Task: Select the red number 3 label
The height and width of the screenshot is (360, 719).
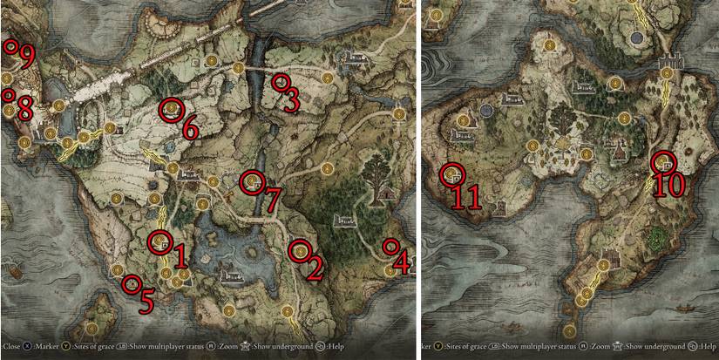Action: click(291, 102)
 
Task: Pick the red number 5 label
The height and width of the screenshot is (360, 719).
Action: click(146, 301)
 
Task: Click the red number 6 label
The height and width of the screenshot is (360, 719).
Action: click(189, 130)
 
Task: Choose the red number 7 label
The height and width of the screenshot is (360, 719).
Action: click(271, 201)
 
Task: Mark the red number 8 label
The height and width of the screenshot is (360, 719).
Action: click(24, 110)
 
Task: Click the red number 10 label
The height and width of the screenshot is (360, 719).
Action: click(672, 184)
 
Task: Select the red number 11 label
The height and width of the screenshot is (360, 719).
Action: click(464, 196)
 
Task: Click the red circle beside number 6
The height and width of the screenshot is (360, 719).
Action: click(171, 109)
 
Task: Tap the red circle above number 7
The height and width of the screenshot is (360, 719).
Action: click(253, 182)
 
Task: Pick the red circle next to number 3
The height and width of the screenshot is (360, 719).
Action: click(280, 82)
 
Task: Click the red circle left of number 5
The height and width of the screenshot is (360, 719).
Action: click(132, 283)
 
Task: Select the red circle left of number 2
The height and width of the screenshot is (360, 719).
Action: click(300, 250)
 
